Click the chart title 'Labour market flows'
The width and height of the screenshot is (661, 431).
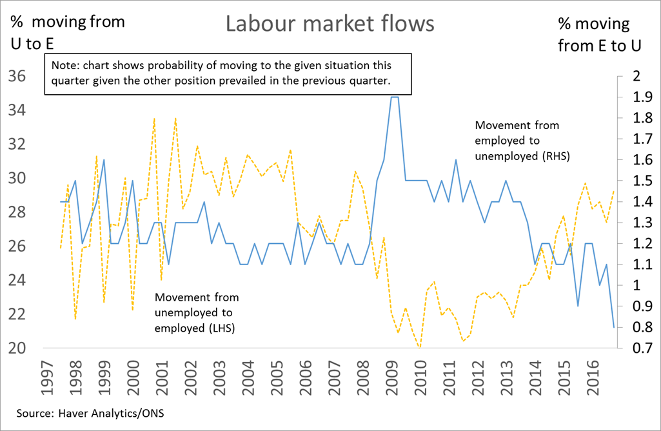(330, 24)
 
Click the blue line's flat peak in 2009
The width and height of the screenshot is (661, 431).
(395, 97)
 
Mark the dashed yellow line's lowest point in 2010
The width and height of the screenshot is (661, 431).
(419, 347)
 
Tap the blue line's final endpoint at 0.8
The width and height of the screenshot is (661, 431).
(612, 327)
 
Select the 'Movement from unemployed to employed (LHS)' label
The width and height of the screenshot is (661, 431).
(196, 313)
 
